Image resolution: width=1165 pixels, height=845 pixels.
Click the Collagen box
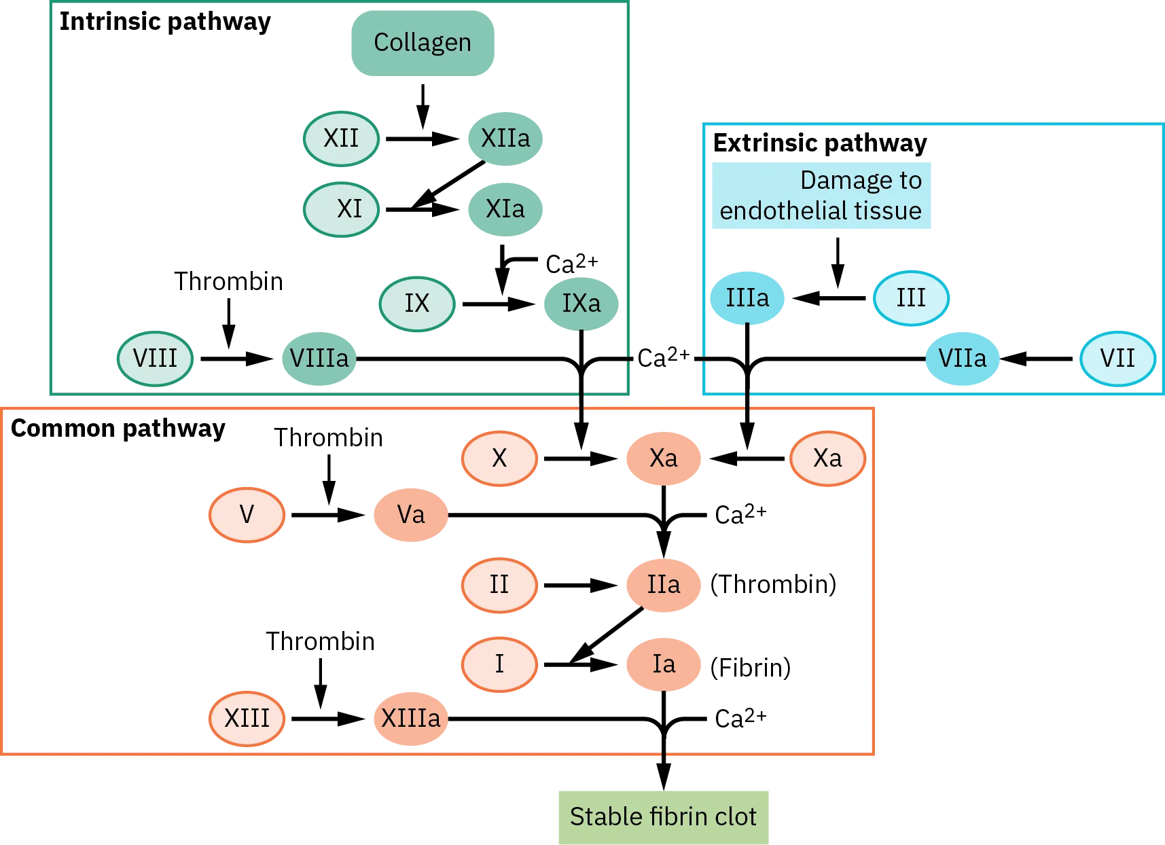click(421, 42)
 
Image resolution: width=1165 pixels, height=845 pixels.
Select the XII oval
click(340, 138)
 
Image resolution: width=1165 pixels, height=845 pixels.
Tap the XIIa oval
click(505, 138)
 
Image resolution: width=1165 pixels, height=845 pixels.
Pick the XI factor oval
click(340, 209)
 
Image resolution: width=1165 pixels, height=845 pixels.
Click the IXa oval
click(581, 303)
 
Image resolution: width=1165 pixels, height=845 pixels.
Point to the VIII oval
click(155, 358)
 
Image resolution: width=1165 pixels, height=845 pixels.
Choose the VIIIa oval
click(319, 358)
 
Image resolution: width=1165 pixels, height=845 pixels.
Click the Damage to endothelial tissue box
click(822, 196)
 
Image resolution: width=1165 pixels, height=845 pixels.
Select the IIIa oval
click(747, 298)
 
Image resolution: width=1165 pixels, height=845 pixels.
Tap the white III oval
click(910, 298)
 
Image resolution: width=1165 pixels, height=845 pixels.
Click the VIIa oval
click(962, 358)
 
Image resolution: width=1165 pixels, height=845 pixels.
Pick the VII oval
click(1117, 358)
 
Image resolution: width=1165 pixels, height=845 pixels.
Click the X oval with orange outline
click(499, 459)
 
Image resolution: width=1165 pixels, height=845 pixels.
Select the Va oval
click(411, 515)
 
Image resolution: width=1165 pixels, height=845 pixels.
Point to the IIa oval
click(663, 584)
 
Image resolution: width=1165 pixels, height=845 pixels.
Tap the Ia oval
click(663, 664)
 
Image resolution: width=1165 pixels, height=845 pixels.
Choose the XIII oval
click(247, 718)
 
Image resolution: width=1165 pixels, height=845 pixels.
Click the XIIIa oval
click(410, 718)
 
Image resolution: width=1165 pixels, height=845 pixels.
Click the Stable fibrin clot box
click(662, 816)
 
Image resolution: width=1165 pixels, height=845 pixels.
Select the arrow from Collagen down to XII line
click(423, 105)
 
